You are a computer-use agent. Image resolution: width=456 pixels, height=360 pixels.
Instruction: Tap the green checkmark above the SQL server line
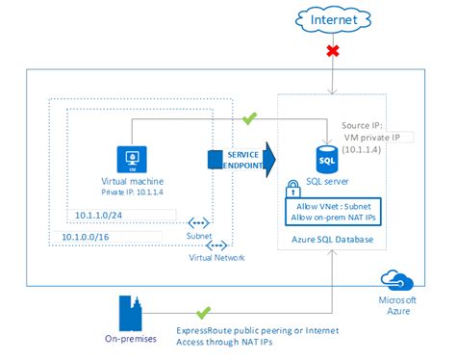[251, 119]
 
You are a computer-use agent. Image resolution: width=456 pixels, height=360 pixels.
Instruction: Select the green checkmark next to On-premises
[203, 313]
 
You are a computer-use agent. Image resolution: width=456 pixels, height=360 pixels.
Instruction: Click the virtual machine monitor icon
[130, 158]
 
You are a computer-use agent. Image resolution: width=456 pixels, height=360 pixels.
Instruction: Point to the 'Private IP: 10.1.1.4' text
[129, 191]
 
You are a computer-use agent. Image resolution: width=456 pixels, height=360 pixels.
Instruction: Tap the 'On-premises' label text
[130, 339]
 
